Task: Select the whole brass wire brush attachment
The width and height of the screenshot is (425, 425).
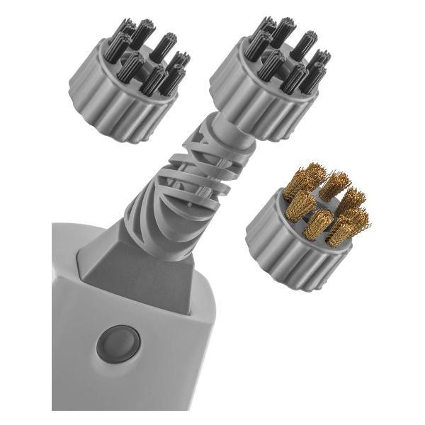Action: coord(308,227)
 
